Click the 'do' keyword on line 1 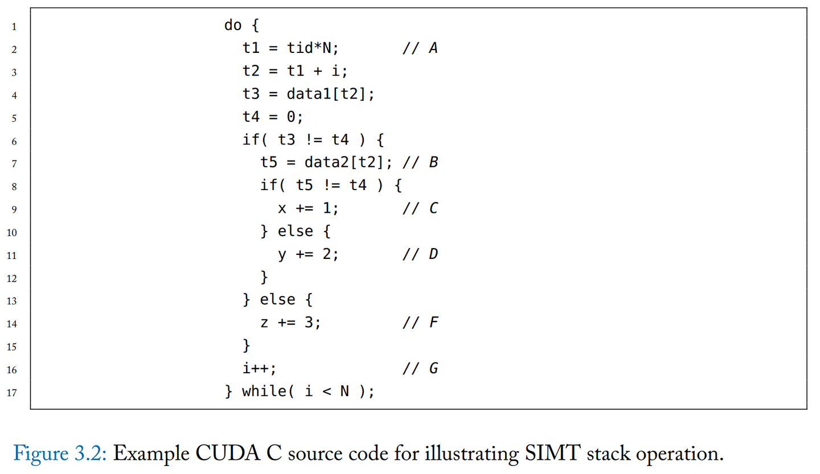tap(233, 25)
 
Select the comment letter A tap(433, 48)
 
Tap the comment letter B tap(433, 162)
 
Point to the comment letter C tap(433, 208)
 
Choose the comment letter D tap(433, 254)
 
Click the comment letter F tap(434, 322)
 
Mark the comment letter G tap(433, 368)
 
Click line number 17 tap(12, 393)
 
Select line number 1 tap(14, 27)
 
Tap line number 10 tap(12, 233)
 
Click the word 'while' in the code tap(264, 391)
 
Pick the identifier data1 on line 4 tap(309, 94)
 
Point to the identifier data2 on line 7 tap(327, 162)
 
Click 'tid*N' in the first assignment tap(309, 48)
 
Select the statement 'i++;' tap(259, 368)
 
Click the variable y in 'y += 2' tap(282, 254)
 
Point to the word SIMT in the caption tap(552, 454)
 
